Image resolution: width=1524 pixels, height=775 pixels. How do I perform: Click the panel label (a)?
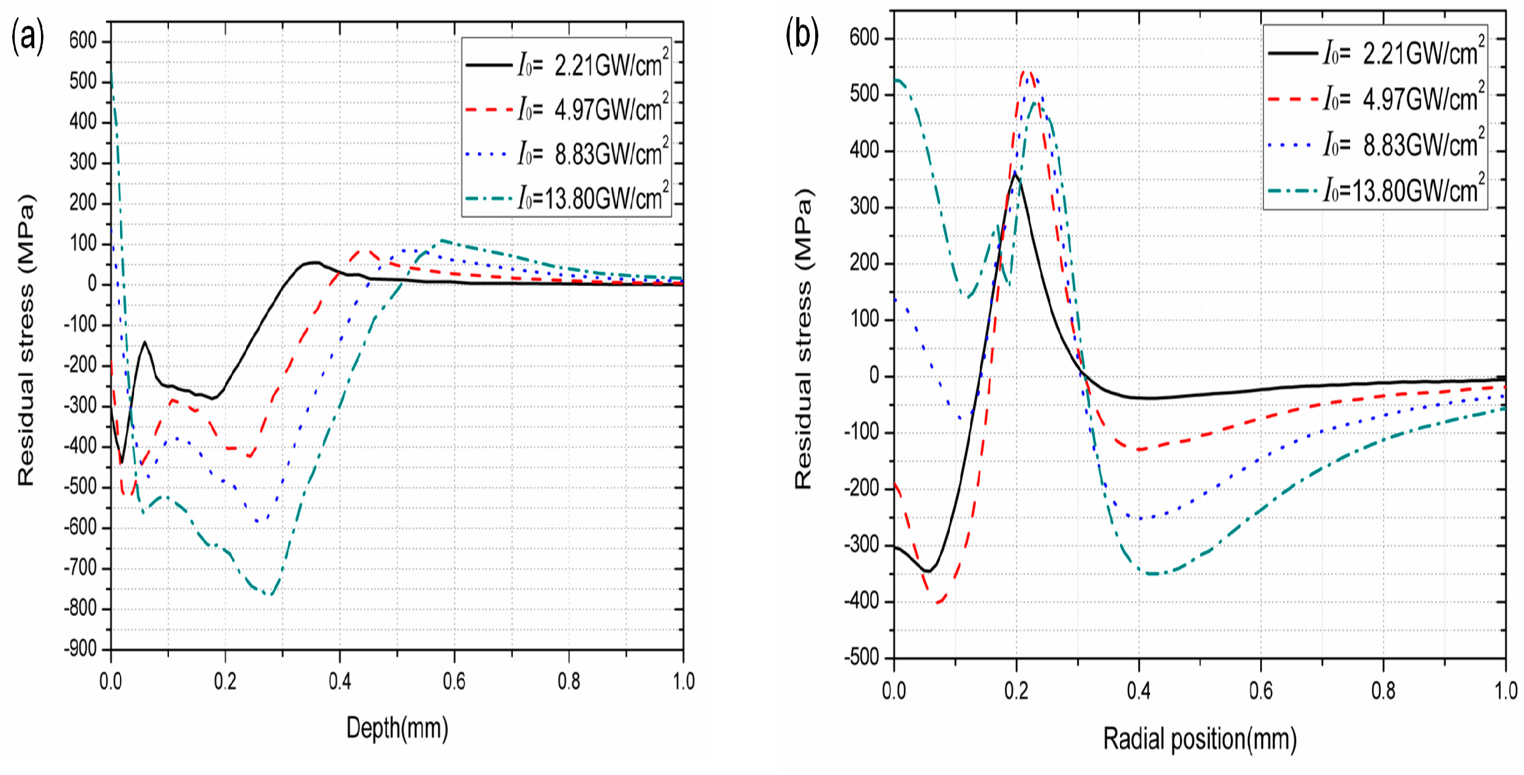[x=28, y=37]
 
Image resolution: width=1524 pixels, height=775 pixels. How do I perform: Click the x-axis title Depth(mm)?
[x=397, y=728]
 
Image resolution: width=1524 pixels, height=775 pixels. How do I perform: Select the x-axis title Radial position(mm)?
[x=1200, y=739]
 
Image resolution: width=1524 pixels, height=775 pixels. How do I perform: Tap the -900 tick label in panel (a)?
[x=80, y=649]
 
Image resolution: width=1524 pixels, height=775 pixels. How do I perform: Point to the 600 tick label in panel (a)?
[x=83, y=41]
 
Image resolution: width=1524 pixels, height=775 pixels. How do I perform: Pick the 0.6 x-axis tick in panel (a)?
[x=454, y=681]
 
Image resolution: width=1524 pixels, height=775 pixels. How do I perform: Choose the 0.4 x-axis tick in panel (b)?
[x=1138, y=691]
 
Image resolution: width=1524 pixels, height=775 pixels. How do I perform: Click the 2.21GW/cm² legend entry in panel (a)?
[x=566, y=65]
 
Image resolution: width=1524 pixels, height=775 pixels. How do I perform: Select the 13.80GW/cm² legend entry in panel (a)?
[x=566, y=198]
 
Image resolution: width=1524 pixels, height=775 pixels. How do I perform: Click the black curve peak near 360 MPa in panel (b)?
[x=1015, y=175]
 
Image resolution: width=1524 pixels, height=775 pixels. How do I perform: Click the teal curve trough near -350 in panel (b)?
[x=1154, y=574]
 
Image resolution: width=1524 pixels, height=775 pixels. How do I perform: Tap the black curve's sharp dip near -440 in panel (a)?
[x=122, y=463]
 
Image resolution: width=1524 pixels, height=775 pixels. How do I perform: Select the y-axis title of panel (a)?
[x=26, y=340]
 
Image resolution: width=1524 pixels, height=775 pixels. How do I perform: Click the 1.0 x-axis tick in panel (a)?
[x=683, y=681]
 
